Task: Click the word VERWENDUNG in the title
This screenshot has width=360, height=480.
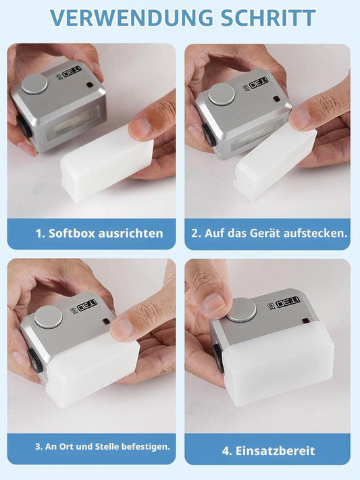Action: point(132,18)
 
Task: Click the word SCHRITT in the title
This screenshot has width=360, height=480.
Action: point(268,18)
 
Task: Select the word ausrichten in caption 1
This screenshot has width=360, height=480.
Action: point(130,234)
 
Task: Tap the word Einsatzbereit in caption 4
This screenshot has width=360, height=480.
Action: point(275,451)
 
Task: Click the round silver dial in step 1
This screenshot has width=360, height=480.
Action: point(34,84)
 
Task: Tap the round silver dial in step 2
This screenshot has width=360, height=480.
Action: point(222,95)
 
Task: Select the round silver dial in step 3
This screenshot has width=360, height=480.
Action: point(48,317)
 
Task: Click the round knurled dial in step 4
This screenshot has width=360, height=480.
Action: point(242,310)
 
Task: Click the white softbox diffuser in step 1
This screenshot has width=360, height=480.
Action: point(107,163)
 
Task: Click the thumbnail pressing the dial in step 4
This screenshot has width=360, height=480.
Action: point(215,303)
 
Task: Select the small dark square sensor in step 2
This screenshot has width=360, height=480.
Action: point(276,99)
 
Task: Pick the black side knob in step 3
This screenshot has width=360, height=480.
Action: point(34,361)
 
